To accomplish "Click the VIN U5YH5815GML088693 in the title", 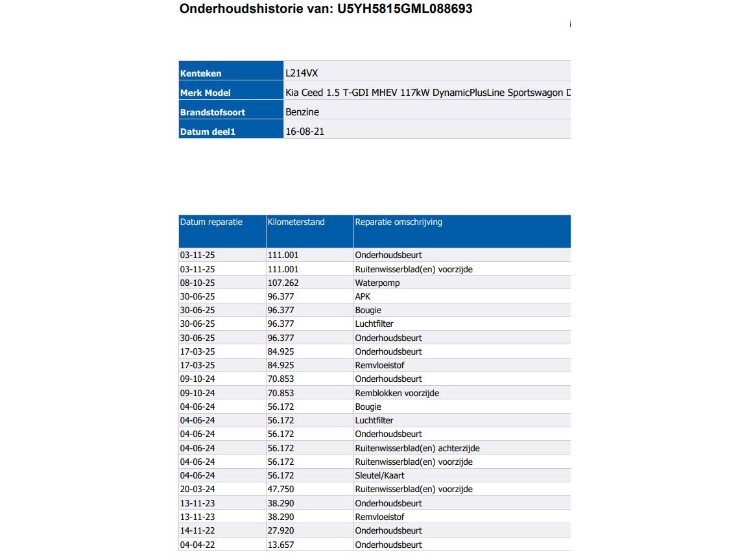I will (x=405, y=9).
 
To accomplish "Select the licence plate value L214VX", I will (x=302, y=73).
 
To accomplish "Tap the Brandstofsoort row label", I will (x=213, y=112).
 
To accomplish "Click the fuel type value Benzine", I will (x=302, y=112).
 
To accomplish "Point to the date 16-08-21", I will (x=305, y=132).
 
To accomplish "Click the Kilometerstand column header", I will (x=296, y=222).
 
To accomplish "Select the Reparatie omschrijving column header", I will (x=398, y=222).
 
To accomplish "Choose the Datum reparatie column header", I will (x=211, y=222).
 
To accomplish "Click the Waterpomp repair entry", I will (x=377, y=283).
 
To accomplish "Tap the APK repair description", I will (x=363, y=296).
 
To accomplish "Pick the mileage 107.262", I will (x=283, y=283).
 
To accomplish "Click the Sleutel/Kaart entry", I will (x=379, y=475).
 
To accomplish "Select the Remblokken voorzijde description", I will (x=397, y=393).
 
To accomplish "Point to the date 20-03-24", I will (x=197, y=489).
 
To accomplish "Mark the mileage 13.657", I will (x=281, y=545).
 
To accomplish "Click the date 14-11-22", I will (x=197, y=530).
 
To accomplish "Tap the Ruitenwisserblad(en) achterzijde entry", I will (x=417, y=448).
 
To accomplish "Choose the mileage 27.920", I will (x=281, y=530).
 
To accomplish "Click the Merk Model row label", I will (x=206, y=93).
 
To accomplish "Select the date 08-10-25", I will (x=197, y=283).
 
